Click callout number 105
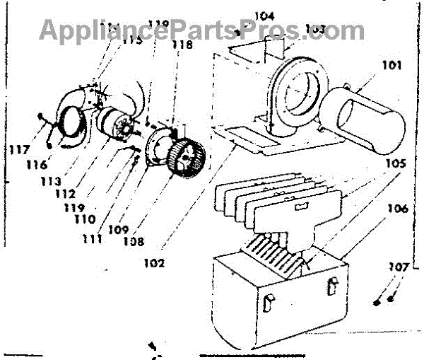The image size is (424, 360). point(394,163)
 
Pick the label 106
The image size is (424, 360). point(396,209)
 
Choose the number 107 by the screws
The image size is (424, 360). point(397,269)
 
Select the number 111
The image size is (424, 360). point(92,239)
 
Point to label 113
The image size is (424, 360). point(50,181)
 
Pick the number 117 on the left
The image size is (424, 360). point(20,150)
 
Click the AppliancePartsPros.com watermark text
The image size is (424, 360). point(201,30)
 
